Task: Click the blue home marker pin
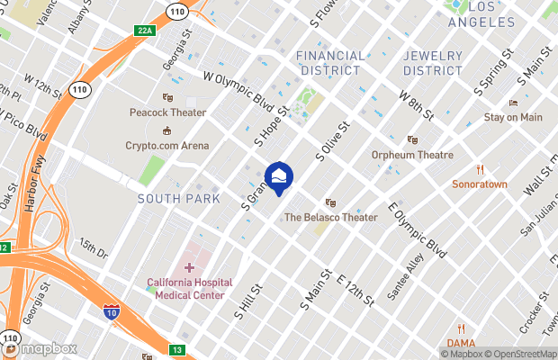(x=279, y=176)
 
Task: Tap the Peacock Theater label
(x=167, y=113)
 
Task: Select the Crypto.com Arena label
(x=167, y=146)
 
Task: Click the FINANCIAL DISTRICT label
(x=331, y=63)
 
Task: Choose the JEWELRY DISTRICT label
(x=432, y=63)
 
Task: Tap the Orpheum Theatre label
(x=412, y=155)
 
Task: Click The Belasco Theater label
(x=330, y=217)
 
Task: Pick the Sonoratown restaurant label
(x=480, y=184)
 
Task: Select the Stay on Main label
(x=513, y=117)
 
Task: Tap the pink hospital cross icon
(x=189, y=266)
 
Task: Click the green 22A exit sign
(x=145, y=31)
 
